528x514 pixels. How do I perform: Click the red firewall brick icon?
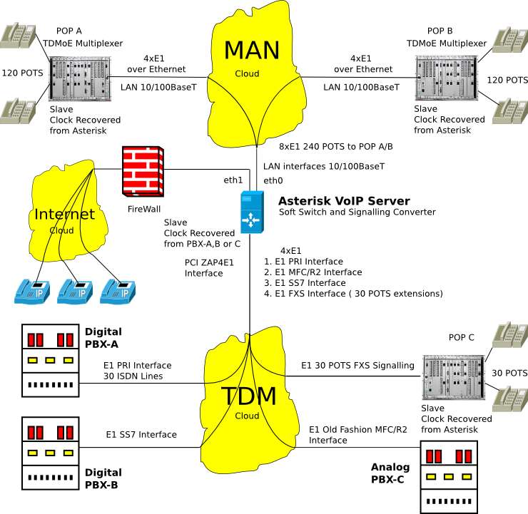point(142,171)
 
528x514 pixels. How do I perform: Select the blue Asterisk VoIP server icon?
point(253,212)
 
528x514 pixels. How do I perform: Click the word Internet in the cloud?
point(64,214)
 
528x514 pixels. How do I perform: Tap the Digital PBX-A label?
point(103,337)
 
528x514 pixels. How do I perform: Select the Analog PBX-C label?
point(390,473)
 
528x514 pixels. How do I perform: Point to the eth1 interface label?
point(233,180)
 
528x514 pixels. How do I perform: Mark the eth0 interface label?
point(273,180)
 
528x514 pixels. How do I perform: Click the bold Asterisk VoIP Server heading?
point(344,200)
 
